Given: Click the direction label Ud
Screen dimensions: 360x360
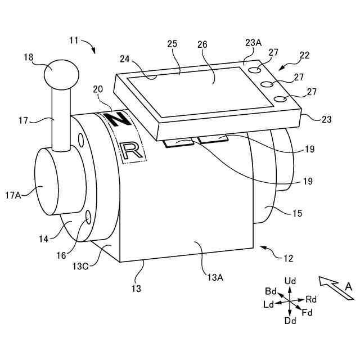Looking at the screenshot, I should (290, 280).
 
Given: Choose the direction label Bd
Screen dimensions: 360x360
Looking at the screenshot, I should (271, 291).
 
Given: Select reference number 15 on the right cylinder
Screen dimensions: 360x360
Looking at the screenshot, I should (297, 213).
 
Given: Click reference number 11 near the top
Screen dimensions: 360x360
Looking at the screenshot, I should (74, 40).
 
